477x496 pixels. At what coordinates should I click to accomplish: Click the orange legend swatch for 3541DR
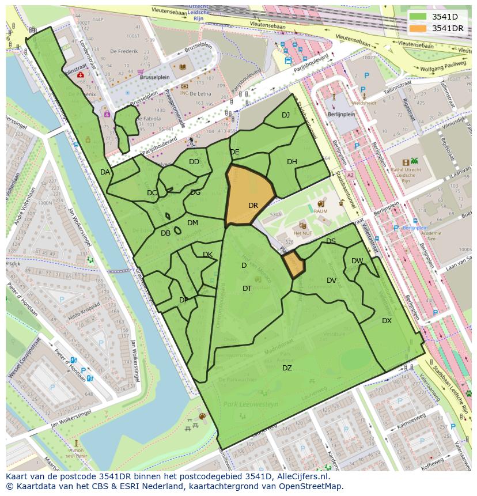coord(418,28)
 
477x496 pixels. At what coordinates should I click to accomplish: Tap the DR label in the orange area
coord(253,205)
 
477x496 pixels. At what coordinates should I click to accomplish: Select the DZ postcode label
coord(286,368)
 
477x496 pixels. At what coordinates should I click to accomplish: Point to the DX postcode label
coord(387,320)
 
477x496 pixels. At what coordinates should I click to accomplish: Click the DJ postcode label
coord(286,115)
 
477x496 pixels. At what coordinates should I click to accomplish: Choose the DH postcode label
coord(292,161)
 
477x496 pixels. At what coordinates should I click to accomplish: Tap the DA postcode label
coord(105,172)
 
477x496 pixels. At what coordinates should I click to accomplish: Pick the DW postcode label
coord(357,260)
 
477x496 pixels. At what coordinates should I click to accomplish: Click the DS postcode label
coord(331,241)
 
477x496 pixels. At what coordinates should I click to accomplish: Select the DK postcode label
coord(207,254)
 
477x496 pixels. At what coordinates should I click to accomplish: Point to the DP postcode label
coord(184,300)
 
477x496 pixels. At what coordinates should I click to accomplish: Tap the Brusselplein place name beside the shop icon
coord(158,74)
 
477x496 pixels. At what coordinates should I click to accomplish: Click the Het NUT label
coord(302,233)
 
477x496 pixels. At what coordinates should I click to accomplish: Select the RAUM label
coord(321,211)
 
